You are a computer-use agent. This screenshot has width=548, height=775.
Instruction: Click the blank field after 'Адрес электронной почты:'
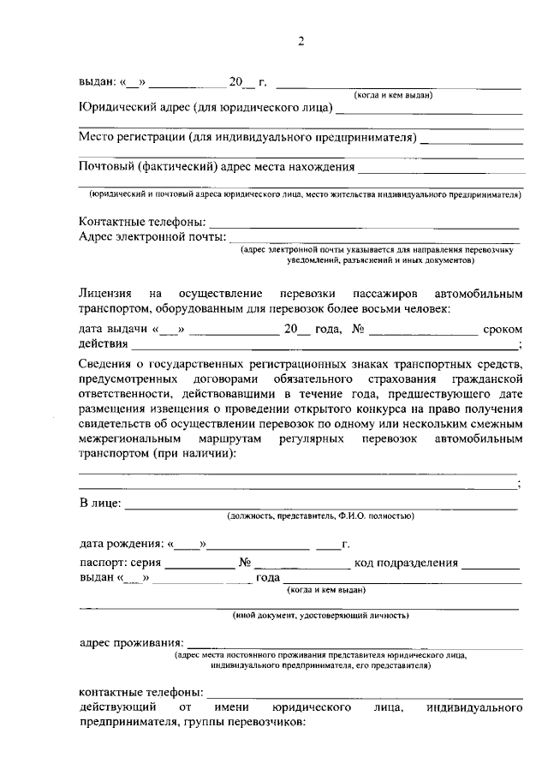coord(373,241)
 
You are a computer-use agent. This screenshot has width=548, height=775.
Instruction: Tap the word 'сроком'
coord(503,329)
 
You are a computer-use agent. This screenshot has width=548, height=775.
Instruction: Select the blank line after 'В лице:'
coord(321,506)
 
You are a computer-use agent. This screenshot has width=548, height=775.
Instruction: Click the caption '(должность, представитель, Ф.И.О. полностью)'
coord(321,517)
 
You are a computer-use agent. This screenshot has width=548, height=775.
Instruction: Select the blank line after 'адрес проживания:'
coord(354,645)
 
